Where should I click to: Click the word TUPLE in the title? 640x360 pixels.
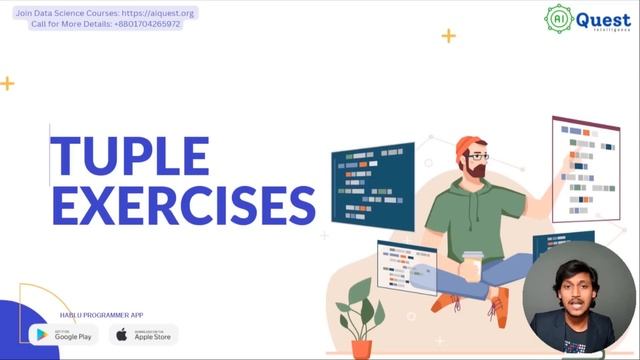point(130,156)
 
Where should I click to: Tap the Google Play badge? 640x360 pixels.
point(64,334)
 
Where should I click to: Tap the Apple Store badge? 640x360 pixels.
point(144,334)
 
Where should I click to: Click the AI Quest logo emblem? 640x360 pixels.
point(559,19)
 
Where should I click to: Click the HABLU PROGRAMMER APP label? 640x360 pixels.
point(96,315)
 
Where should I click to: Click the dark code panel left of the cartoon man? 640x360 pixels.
point(373,179)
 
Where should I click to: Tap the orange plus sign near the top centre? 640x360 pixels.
point(448,36)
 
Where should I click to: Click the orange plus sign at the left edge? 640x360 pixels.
point(7,84)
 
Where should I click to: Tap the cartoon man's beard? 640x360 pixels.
point(479,170)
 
